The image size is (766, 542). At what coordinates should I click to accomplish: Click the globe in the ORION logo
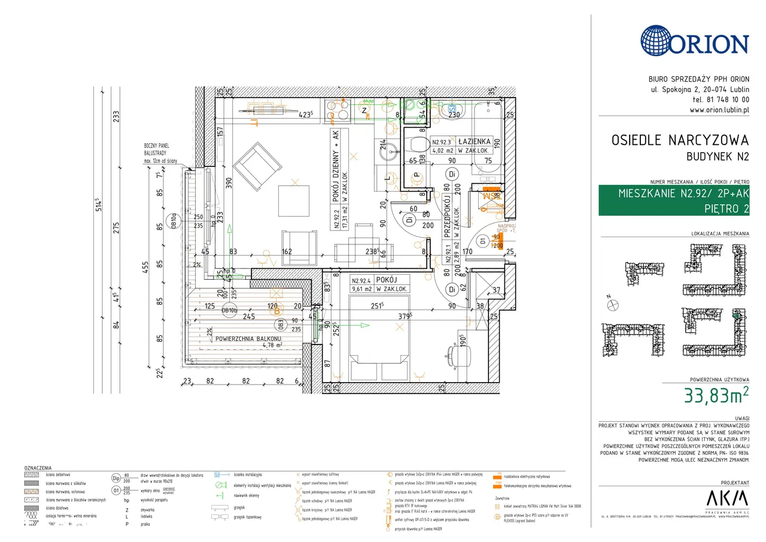point(660,41)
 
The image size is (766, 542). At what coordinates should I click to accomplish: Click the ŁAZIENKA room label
point(475,141)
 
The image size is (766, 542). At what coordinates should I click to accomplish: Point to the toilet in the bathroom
point(418,144)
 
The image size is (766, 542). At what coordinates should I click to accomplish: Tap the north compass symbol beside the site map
point(612,305)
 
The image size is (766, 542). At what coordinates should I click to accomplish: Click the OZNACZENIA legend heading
point(38,468)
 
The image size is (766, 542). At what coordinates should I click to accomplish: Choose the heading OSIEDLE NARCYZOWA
point(679,141)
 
